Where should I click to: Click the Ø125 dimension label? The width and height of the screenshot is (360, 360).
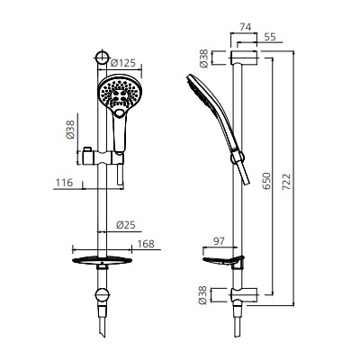tap(122, 62)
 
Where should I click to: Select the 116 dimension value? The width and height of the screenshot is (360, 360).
tap(64, 183)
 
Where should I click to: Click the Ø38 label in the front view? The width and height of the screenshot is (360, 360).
tap(71, 130)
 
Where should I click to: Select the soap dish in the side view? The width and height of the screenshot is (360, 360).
tap(222, 263)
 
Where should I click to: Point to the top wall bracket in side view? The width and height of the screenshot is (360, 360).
tap(242, 59)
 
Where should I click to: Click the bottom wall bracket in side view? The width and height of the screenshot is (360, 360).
tap(241, 292)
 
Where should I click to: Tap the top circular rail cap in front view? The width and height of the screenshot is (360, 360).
tap(103, 59)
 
